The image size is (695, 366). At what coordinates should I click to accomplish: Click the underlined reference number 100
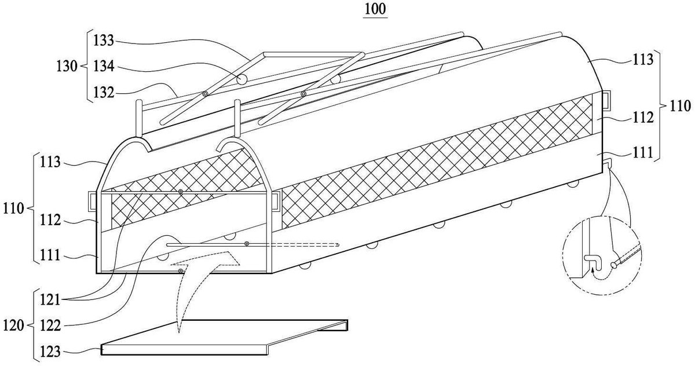(375, 9)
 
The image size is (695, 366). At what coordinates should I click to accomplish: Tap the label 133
(104, 41)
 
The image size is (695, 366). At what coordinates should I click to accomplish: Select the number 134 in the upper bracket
(104, 67)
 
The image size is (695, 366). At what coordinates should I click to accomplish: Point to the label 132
(104, 93)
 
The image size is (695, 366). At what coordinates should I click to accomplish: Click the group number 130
(67, 67)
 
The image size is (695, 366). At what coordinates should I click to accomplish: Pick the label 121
(50, 300)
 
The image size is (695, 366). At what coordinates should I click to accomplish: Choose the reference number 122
(50, 326)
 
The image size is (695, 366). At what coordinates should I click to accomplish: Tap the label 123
(50, 352)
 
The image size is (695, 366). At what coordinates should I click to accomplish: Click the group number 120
(13, 326)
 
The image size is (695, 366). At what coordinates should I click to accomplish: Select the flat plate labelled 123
(224, 337)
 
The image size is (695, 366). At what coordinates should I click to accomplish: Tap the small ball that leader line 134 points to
(242, 79)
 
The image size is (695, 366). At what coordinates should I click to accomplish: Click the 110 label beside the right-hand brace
(680, 106)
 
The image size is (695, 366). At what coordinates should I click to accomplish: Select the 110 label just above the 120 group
(13, 208)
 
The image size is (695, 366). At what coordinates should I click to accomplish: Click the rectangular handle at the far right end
(606, 100)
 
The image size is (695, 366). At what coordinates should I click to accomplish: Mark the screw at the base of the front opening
(180, 272)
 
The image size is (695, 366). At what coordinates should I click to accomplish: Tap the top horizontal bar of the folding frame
(313, 54)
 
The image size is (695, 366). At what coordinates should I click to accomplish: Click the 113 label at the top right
(643, 59)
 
